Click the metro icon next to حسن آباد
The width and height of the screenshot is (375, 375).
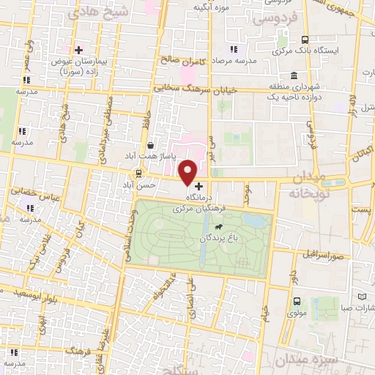[137, 173]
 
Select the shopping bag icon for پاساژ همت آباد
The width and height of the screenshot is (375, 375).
[150, 145]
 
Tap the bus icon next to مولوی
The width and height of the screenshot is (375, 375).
[297, 300]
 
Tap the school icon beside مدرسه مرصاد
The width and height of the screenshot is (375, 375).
[234, 49]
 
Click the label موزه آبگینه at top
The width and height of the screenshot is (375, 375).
[207, 7]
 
